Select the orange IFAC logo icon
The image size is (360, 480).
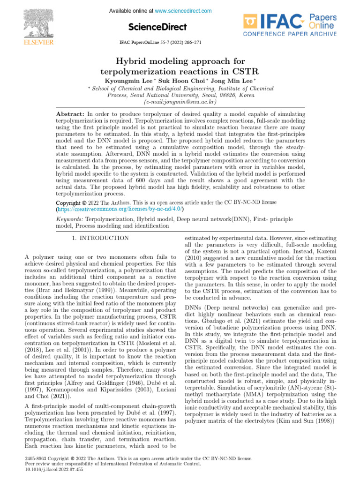coord(251,22)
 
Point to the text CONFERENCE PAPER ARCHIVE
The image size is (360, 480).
coord(289,35)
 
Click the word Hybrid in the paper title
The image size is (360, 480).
coord(132,61)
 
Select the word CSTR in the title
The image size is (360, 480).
coord(247,71)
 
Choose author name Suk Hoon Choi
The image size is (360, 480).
coord(180,81)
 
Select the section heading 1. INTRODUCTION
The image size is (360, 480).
coord(100,238)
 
